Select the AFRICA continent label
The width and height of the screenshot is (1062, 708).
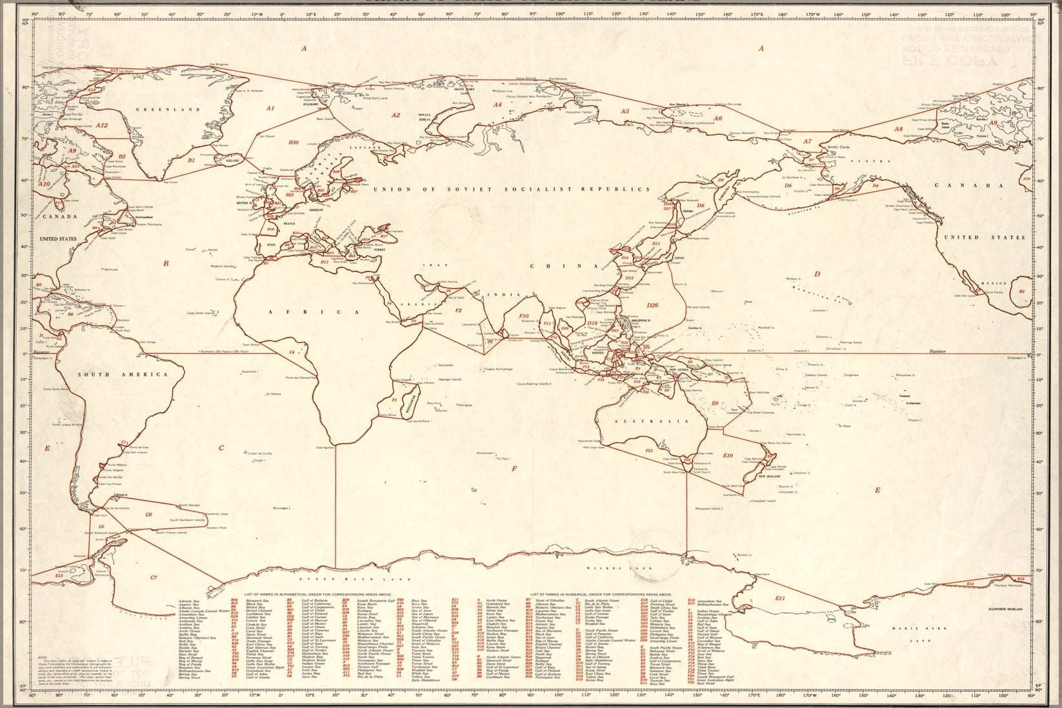[x=327, y=311]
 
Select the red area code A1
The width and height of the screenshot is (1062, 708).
[x=271, y=108]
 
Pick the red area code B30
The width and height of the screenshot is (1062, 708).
[x=294, y=142]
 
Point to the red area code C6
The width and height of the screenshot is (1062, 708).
[x=148, y=514]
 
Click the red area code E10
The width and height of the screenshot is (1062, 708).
[x=728, y=455]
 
